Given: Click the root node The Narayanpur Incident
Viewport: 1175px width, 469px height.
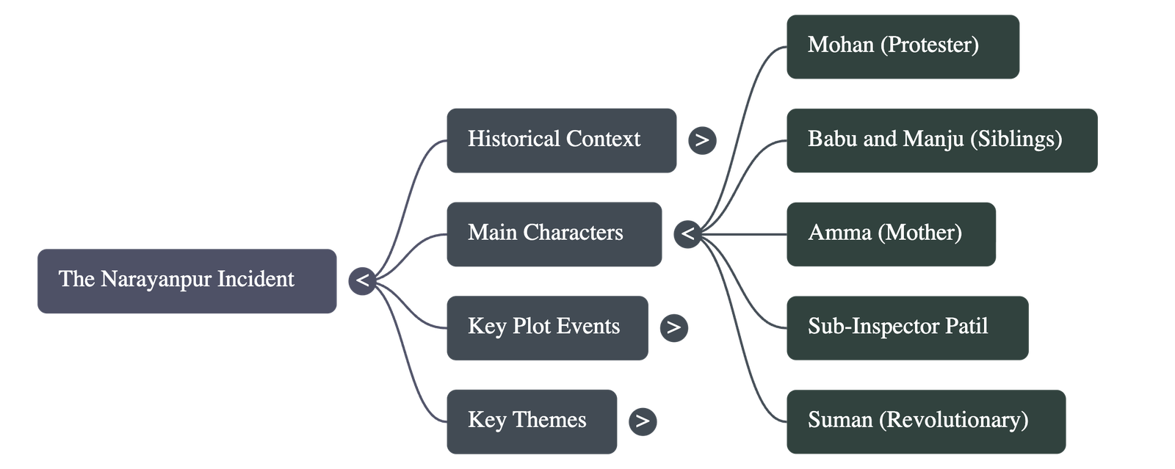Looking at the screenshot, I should tap(187, 281).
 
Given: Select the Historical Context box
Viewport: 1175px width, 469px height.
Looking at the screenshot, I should tap(561, 140).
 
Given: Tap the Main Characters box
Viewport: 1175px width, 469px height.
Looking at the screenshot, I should tap(554, 234).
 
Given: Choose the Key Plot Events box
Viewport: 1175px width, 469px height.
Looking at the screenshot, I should tap(546, 327).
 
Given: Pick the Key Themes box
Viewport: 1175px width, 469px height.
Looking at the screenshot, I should tap(531, 421).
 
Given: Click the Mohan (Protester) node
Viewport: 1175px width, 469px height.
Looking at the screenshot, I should tap(902, 46).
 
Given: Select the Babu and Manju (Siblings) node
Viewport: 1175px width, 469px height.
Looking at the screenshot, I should tap(941, 140).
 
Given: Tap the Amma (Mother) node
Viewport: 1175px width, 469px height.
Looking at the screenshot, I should tap(890, 234).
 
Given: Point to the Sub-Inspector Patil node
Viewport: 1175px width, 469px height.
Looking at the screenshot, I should tap(906, 327).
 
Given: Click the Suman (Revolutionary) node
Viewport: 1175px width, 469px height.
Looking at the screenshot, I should tap(925, 421).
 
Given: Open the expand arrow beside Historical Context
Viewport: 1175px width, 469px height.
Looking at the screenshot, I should tap(702, 140).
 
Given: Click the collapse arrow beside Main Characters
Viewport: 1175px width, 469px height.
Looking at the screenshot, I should tap(687, 234).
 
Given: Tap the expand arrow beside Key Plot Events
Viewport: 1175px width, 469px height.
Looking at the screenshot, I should tap(673, 327).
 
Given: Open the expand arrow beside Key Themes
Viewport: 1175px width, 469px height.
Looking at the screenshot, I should tap(643, 421).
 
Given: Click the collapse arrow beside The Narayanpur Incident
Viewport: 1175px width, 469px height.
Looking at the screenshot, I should tap(362, 281).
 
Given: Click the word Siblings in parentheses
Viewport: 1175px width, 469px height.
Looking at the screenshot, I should tap(1016, 139).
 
